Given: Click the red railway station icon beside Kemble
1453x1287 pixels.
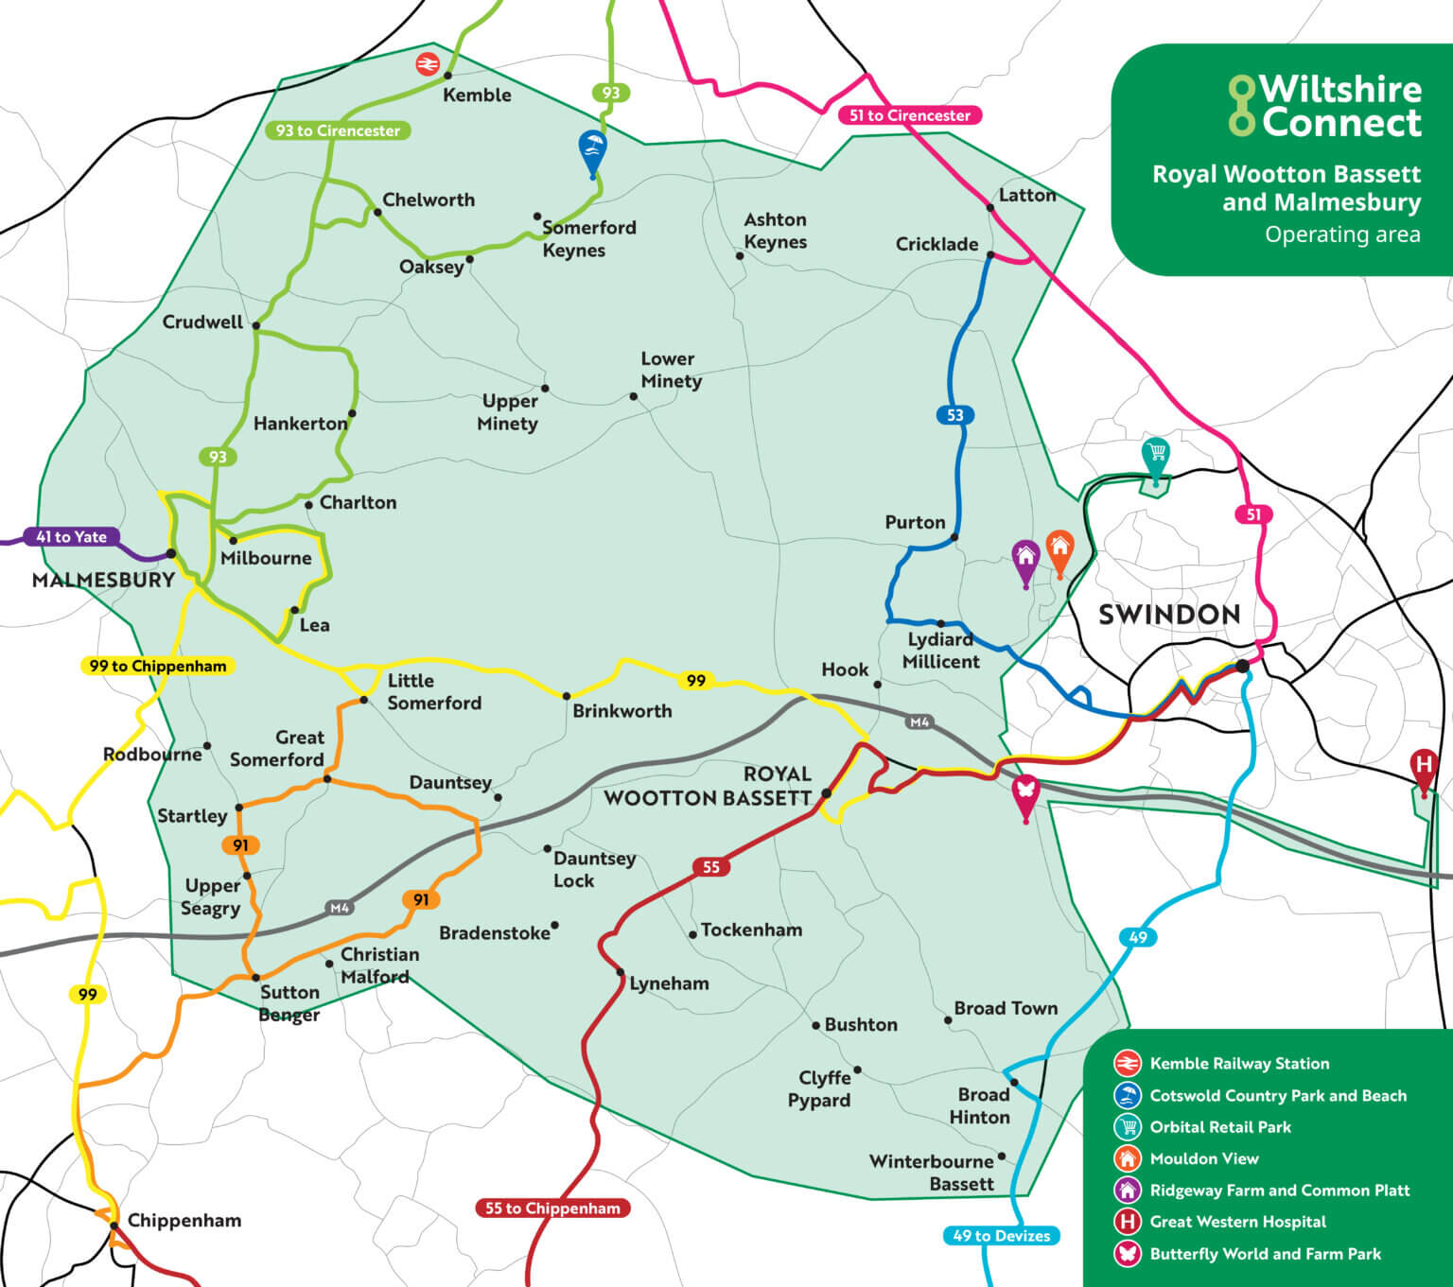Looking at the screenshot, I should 428,64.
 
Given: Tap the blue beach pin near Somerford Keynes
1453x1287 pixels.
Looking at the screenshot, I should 592,150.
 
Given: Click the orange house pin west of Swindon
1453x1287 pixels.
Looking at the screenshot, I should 1059,548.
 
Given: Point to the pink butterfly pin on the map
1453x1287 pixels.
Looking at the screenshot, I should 1025,793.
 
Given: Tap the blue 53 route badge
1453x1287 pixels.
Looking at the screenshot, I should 954,415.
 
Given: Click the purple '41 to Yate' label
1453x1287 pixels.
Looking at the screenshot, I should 72,537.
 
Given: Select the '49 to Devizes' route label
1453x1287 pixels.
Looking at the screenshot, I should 1001,1235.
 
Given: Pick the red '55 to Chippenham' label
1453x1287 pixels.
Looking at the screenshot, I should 551,1208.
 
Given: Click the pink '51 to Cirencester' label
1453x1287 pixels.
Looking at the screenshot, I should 909,115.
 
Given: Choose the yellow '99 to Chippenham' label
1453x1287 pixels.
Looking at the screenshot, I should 158,666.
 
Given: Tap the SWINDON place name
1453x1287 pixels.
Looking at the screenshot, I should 1169,615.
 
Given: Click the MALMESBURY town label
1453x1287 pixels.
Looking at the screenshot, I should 103,580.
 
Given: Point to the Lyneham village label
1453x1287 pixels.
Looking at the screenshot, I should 669,983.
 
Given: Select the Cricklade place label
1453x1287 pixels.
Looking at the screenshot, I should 937,244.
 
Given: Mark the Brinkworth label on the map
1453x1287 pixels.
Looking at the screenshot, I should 621,711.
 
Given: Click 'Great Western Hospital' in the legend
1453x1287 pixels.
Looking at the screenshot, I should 1237,1222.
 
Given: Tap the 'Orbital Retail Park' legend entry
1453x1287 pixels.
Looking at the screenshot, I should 1219,1127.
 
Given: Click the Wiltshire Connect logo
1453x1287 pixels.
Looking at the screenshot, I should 1324,105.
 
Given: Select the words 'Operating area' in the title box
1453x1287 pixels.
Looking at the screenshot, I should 1342,235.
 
